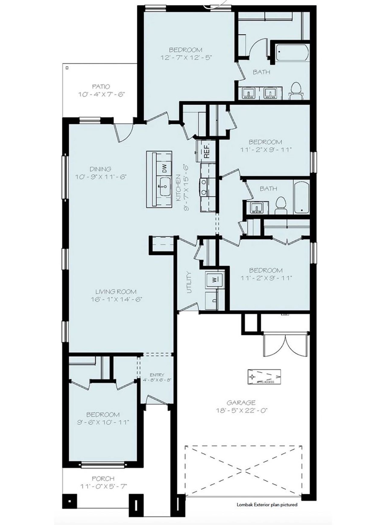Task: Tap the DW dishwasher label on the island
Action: pos(165,168)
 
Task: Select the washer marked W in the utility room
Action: pos(214,280)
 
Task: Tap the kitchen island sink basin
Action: pos(165,187)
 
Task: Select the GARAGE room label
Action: pos(241,402)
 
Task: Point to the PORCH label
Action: pos(103,478)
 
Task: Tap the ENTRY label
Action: pos(157,375)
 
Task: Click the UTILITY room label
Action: pos(189,282)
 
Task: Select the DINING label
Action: pos(100,169)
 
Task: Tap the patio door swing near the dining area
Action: pos(124,133)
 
